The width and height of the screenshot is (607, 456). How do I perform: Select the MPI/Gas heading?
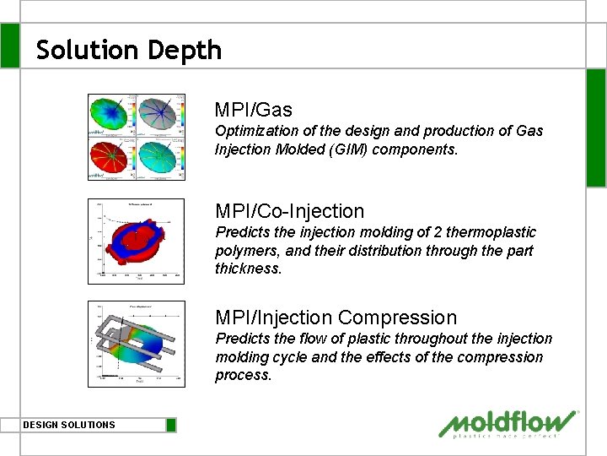coord(254,109)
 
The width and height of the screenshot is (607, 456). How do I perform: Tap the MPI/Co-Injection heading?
coord(290,211)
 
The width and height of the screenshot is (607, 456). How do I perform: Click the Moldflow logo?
coord(509,423)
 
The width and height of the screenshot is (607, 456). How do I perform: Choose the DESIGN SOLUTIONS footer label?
coord(69,425)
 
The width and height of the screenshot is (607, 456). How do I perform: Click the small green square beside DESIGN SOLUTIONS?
coord(171,425)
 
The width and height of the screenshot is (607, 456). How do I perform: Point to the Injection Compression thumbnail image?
coord(136,345)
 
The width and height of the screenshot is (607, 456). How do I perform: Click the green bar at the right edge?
coord(596,127)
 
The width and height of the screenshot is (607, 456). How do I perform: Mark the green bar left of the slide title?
coord(9,46)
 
